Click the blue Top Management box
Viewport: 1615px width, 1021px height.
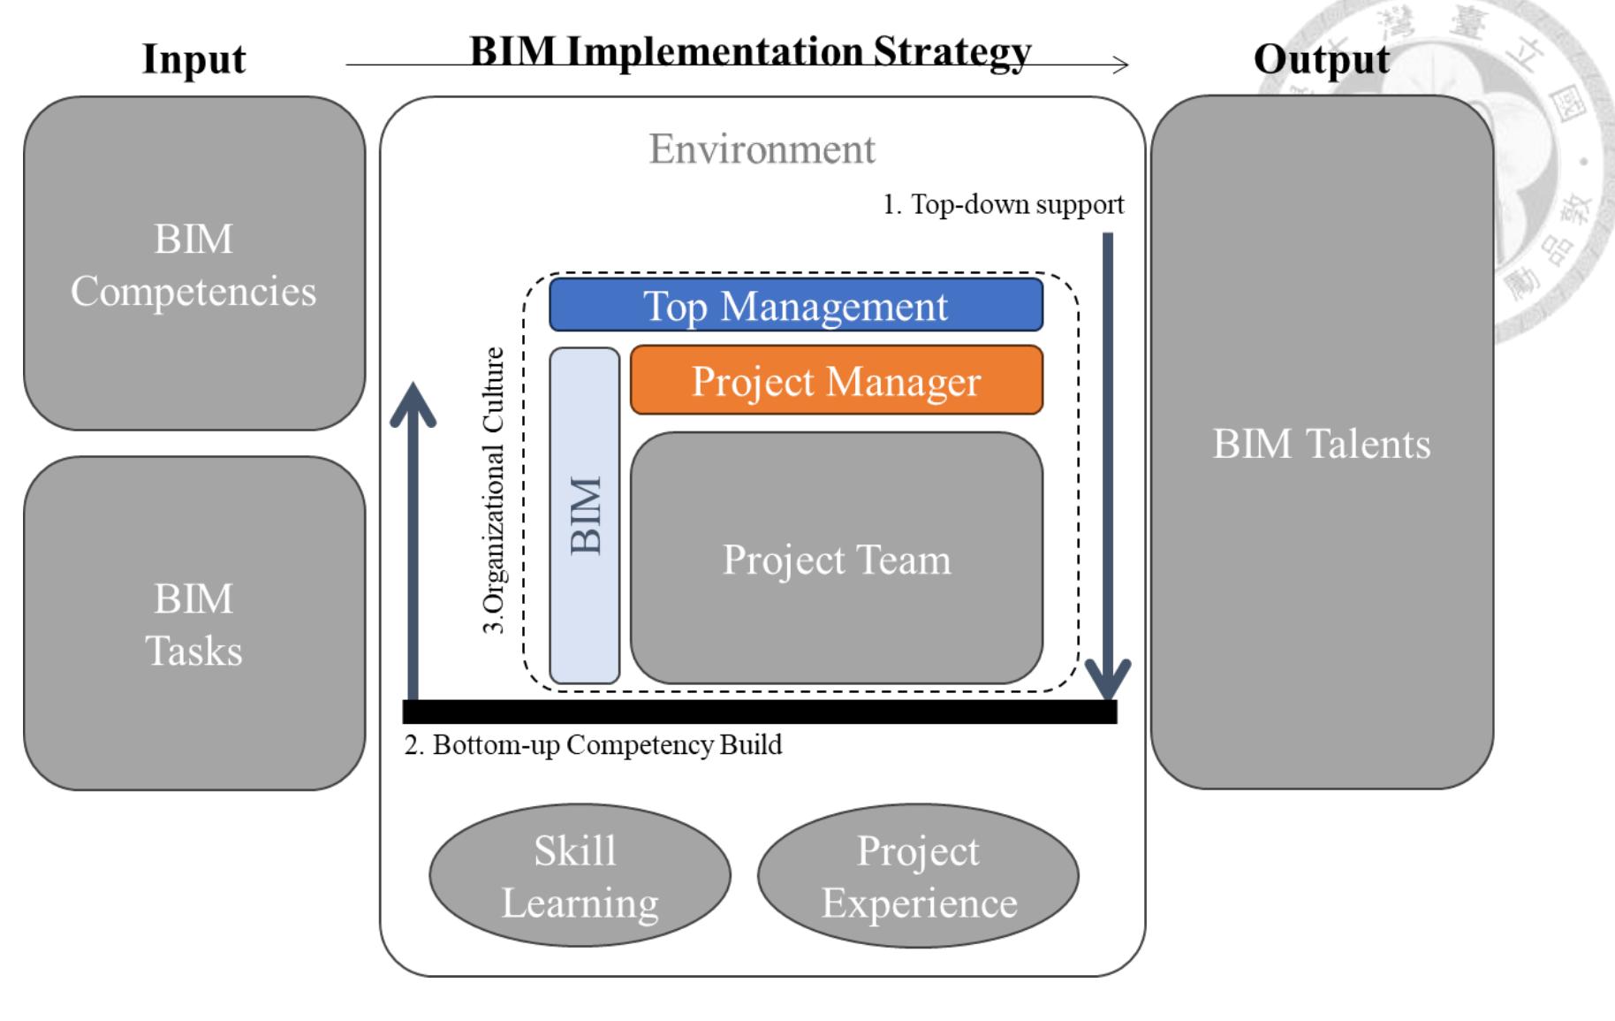point(795,305)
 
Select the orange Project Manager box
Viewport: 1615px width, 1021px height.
point(836,380)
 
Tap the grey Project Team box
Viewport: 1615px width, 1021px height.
point(836,559)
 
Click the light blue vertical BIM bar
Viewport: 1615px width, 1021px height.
point(584,515)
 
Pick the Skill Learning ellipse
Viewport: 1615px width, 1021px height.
point(580,875)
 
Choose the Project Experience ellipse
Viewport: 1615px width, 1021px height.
point(918,875)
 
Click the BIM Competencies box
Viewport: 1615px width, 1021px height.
point(193,263)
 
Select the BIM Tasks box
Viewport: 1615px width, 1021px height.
point(193,623)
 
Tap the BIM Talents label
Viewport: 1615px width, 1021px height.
point(1321,443)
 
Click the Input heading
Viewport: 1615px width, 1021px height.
point(193,58)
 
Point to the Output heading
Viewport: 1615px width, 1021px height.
point(1321,58)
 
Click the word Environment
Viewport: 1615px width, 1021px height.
point(762,149)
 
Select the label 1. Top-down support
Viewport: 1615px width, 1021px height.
point(1004,204)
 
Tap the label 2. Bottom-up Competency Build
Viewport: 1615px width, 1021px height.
point(593,744)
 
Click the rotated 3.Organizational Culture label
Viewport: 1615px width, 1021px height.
point(494,490)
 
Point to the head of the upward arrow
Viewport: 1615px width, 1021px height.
point(413,402)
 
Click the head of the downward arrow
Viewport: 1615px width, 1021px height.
point(1108,681)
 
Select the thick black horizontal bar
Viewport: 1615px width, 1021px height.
point(760,712)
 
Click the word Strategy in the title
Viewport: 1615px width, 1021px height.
point(952,51)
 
